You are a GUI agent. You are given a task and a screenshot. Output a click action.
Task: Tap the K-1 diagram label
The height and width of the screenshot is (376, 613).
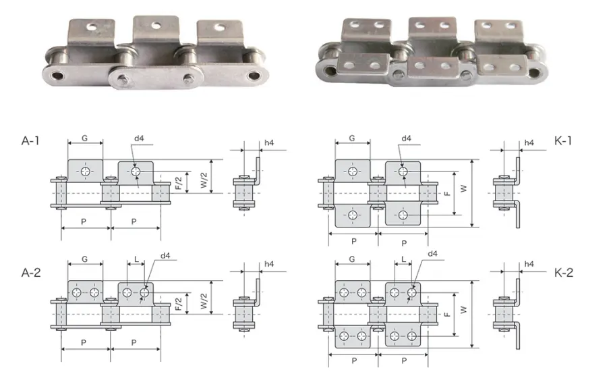click(563, 141)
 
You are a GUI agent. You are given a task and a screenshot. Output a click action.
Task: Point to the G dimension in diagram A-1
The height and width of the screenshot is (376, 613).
click(84, 138)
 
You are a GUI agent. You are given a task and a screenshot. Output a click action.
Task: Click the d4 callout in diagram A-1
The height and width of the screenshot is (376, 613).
click(139, 138)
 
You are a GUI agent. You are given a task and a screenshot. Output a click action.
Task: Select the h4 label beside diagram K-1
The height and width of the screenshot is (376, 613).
click(529, 143)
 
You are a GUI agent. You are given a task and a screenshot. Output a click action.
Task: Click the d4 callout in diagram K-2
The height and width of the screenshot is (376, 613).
click(433, 254)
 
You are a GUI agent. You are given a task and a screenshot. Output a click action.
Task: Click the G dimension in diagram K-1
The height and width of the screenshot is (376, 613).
click(352, 138)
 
